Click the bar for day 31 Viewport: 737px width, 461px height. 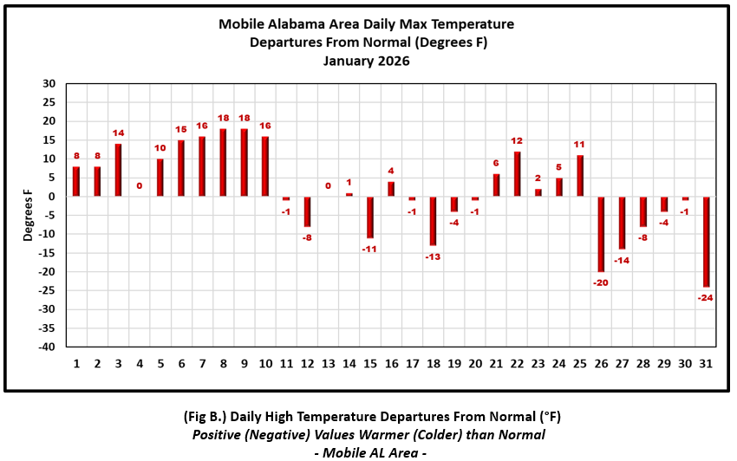point(707,242)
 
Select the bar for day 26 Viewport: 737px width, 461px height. point(602,234)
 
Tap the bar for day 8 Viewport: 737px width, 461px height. point(223,163)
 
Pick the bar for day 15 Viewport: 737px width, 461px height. point(370,217)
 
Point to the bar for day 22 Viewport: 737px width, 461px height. point(518,174)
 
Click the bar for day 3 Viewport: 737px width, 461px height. point(118,170)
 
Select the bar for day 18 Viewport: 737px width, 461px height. point(434,221)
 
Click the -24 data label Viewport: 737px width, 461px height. point(707,298)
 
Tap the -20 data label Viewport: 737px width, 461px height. point(602,282)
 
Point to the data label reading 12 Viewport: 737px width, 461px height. point(518,140)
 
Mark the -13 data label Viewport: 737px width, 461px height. point(434,256)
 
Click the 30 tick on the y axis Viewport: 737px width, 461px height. point(49,84)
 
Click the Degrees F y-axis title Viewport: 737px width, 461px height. point(28,215)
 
